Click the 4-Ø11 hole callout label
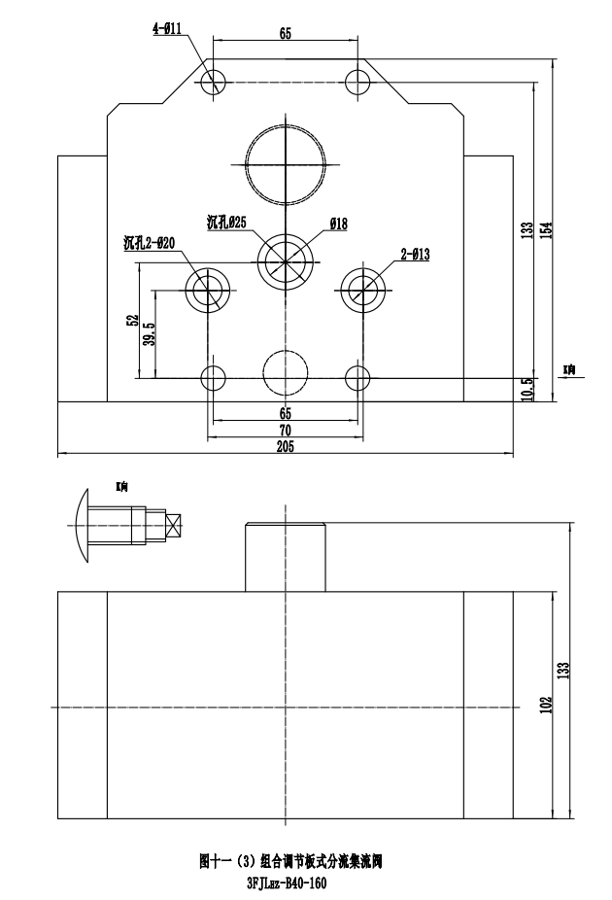coord(170,30)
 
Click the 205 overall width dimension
coord(285,446)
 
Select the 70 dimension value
coord(285,430)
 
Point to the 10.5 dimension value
coord(527,389)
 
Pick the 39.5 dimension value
coord(149,332)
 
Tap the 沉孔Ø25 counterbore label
coord(226,222)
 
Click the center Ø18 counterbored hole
coord(286,260)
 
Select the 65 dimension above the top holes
coord(285,33)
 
